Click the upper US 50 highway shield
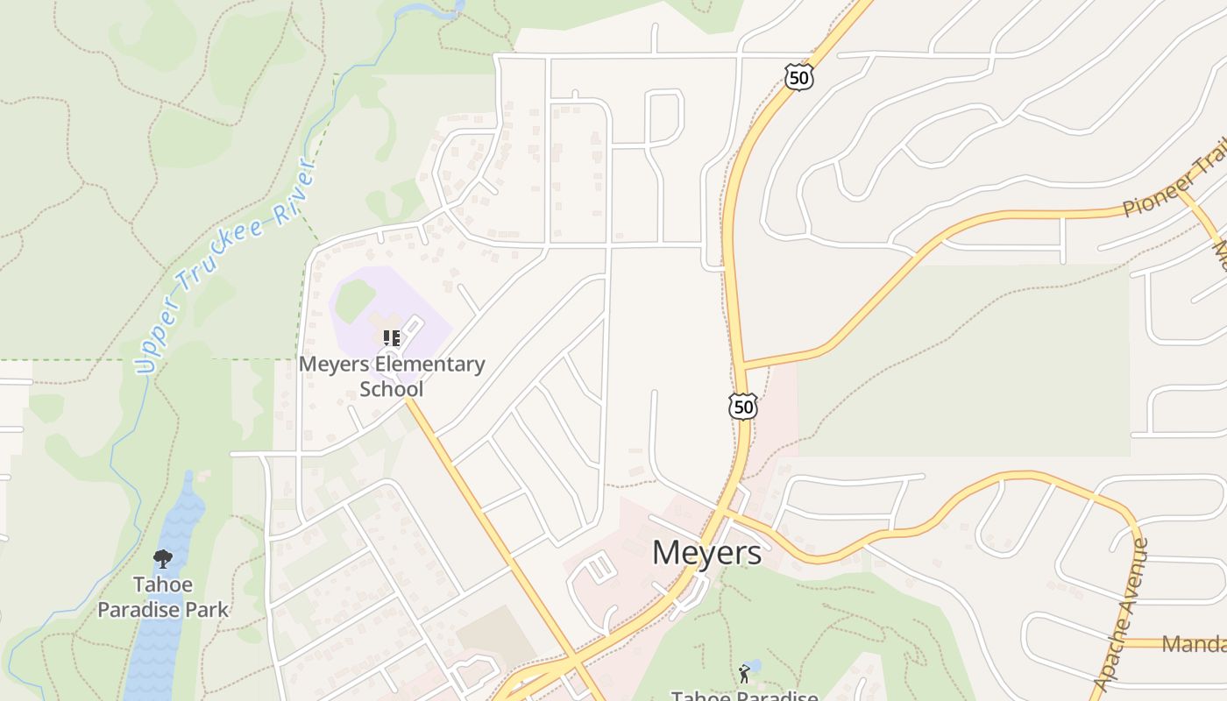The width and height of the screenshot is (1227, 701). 798,77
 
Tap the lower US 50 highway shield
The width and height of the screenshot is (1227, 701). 742,406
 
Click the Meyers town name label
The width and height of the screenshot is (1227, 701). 706,553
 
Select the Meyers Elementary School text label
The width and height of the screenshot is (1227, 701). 392,376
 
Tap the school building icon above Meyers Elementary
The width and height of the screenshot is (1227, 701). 392,337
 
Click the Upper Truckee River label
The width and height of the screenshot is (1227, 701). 225,265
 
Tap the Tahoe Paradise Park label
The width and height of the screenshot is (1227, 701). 163,597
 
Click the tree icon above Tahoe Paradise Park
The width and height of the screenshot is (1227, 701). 163,558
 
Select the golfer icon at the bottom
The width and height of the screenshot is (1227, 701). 745,673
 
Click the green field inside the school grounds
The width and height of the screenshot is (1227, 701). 355,301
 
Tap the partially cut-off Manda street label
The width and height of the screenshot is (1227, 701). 1194,645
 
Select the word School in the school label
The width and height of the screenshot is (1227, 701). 392,389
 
